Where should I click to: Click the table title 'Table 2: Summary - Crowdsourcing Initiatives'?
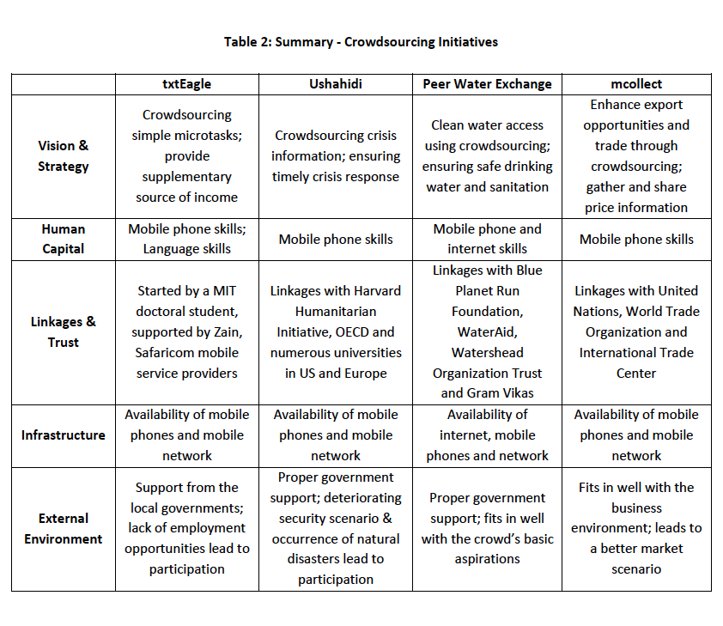[361, 41]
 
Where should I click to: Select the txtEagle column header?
[186, 84]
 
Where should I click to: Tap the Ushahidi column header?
[335, 84]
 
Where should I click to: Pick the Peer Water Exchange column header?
[487, 84]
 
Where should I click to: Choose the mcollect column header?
[635, 84]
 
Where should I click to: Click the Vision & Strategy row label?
[63, 156]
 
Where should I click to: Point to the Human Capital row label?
[63, 239]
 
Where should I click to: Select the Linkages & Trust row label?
[63, 332]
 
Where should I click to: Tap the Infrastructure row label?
[63, 435]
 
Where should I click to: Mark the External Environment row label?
[63, 529]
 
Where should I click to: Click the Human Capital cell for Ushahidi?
[335, 240]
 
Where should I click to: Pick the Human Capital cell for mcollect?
[635, 240]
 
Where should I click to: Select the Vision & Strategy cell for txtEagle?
[186, 156]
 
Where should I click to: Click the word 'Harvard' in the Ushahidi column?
[373, 291]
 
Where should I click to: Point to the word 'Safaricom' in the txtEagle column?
[169, 353]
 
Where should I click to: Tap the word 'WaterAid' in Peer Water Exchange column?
[487, 332]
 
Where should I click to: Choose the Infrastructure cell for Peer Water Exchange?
[487, 435]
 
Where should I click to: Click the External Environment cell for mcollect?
[635, 529]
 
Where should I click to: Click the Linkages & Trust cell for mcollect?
[635, 332]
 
